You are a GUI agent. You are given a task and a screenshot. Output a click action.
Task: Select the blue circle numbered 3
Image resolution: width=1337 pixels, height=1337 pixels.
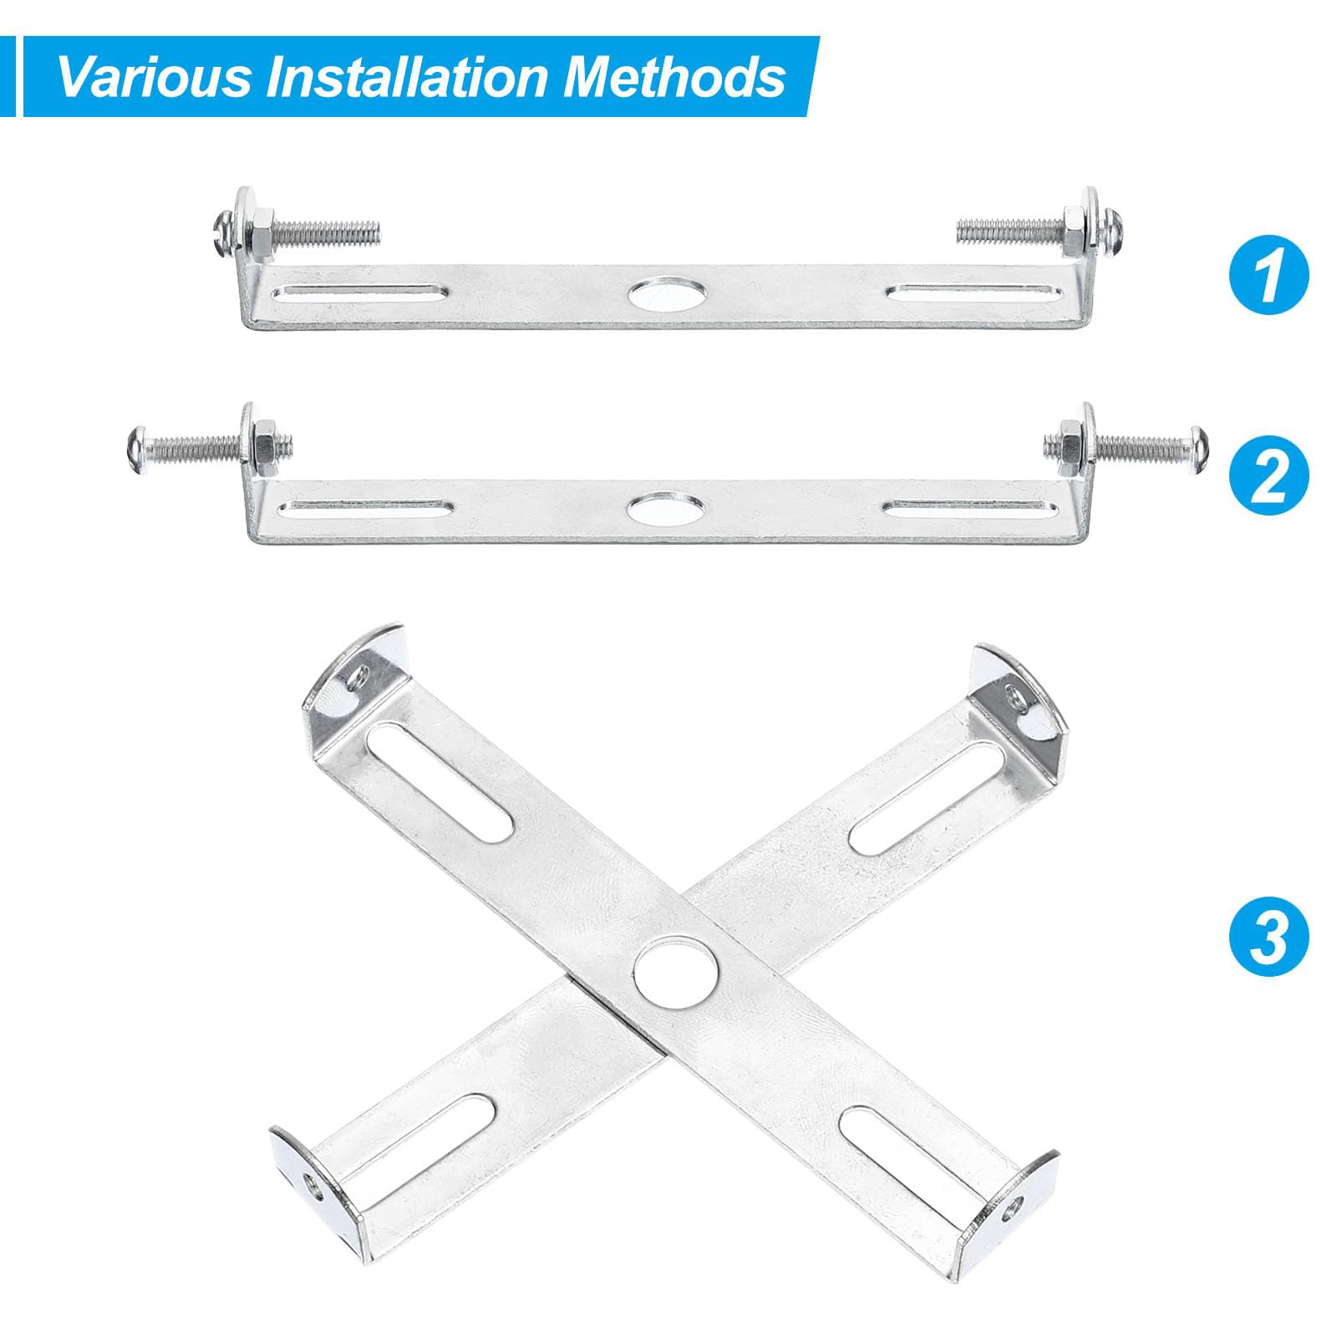pyautogui.click(x=1269, y=937)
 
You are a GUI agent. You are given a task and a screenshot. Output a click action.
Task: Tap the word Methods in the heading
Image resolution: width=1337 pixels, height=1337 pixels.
pyautogui.click(x=675, y=77)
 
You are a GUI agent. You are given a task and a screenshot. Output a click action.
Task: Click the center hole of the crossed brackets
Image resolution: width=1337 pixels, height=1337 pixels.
pyautogui.click(x=676, y=972)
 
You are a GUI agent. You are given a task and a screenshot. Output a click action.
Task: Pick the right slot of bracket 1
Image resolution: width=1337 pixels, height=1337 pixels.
pyautogui.click(x=974, y=293)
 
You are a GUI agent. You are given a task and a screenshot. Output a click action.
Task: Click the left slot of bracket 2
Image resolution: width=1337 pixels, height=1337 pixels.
pyautogui.click(x=363, y=506)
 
